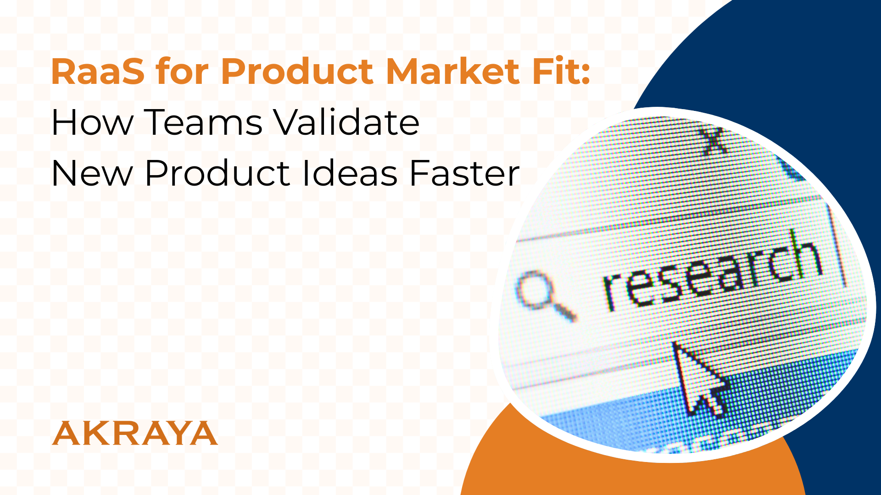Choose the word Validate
click(346, 123)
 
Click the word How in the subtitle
click(92, 123)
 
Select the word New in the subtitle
click(92, 174)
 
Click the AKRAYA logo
click(134, 433)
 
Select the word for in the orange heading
click(182, 72)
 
